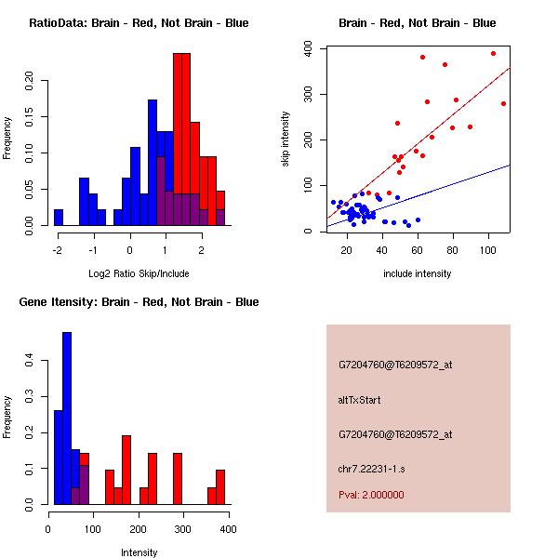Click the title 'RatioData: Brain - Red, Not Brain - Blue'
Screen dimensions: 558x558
click(x=139, y=23)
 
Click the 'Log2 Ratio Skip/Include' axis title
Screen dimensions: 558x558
click(x=139, y=273)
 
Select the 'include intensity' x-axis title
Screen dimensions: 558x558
click(x=418, y=273)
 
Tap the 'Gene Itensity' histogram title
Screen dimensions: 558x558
click(x=139, y=302)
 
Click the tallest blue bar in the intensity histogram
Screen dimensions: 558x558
click(x=67, y=418)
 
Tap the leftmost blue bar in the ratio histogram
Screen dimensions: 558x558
click(x=59, y=218)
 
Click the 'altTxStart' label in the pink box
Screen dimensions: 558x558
click(x=360, y=400)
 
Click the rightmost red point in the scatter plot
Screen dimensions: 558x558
click(x=503, y=103)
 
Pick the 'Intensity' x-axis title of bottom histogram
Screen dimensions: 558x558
click(x=139, y=552)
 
